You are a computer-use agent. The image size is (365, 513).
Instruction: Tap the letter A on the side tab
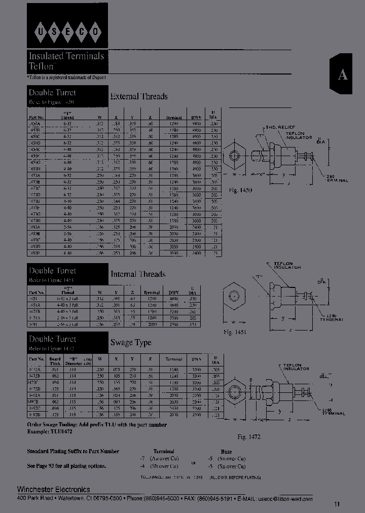coord(343,75)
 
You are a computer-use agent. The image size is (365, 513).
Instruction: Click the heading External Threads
coord(139,96)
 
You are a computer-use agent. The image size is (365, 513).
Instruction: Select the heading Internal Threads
coord(138,274)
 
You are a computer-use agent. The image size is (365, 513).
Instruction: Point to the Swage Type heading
coord(131,343)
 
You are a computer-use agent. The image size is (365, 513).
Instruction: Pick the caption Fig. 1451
coord(234,332)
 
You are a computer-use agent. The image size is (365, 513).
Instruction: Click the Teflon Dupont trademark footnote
coord(66,77)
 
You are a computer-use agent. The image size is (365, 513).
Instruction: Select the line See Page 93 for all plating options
coord(66,466)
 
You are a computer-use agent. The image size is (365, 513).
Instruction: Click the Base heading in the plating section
coord(226,451)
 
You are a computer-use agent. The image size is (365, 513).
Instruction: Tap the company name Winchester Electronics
coord(54,489)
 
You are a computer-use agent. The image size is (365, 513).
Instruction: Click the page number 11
coord(338,504)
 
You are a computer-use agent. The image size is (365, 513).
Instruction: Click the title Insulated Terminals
coord(66,56)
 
